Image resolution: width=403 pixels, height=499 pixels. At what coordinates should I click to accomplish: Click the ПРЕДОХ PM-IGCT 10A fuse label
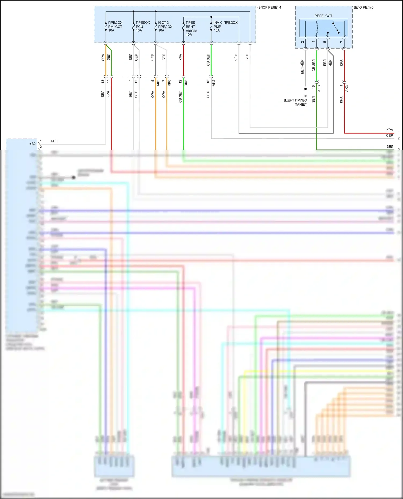tap(115, 27)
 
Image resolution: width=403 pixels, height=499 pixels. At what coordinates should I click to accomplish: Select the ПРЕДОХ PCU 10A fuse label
tap(143, 27)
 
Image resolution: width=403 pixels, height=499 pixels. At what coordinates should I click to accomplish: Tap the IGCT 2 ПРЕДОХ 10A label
tap(165, 27)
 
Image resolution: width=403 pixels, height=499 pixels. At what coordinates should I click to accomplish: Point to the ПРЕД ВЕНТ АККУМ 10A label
tap(191, 28)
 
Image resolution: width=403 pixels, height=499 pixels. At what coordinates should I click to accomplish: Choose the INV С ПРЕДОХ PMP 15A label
tap(225, 27)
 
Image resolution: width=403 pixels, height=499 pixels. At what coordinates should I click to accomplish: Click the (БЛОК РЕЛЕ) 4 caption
tap(269, 8)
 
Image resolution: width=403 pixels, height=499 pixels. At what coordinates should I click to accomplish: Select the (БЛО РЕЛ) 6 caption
tap(364, 8)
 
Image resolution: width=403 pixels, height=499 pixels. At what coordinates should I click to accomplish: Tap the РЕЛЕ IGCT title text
tap(323, 16)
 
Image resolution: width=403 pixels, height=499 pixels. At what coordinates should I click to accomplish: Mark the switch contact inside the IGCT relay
tap(336, 28)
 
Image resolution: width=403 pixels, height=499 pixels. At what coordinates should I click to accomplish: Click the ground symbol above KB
tap(305, 90)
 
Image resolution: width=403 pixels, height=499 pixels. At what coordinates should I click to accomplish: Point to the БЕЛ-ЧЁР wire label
tap(302, 67)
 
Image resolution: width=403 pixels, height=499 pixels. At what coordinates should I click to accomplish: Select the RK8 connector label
tap(186, 83)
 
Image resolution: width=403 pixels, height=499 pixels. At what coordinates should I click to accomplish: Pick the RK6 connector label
tap(169, 83)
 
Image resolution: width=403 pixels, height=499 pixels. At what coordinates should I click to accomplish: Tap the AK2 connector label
tap(214, 83)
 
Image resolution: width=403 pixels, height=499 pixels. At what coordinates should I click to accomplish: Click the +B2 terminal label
tap(33, 144)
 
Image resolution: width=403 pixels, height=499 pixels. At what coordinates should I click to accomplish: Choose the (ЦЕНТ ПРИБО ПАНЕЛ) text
tap(296, 102)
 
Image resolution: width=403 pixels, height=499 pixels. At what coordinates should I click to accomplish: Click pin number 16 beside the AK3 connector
tap(313, 87)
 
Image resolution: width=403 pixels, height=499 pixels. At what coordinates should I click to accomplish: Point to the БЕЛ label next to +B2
tap(54, 141)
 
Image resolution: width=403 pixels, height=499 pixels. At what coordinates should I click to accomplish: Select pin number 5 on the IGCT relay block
tap(325, 42)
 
